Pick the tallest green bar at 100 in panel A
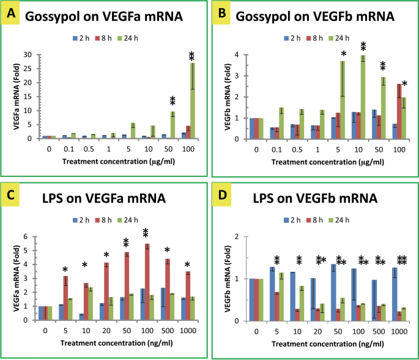point(192,100)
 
